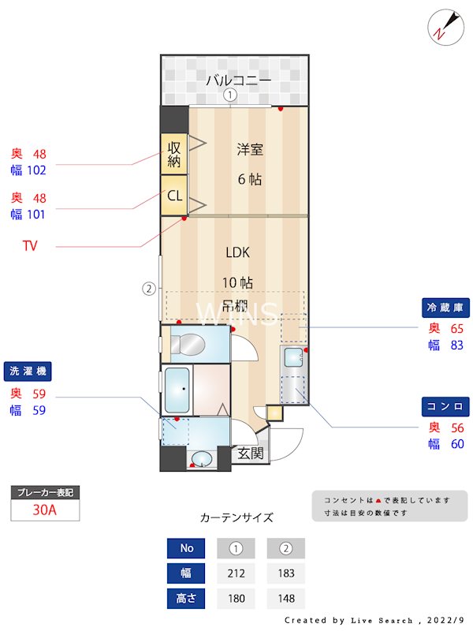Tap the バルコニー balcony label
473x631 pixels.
tap(239, 80)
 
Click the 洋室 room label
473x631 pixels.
tap(249, 147)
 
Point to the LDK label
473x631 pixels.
tap(237, 252)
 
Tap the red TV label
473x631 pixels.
tap(30, 246)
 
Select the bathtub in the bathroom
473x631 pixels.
tap(177, 389)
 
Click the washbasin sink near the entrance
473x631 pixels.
tap(202, 458)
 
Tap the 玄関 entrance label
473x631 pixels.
tap(251, 454)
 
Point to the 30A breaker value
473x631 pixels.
tap(45, 510)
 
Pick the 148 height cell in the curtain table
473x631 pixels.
tap(285, 599)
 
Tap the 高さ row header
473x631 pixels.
tap(186, 599)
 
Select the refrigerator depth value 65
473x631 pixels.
tap(456, 328)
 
